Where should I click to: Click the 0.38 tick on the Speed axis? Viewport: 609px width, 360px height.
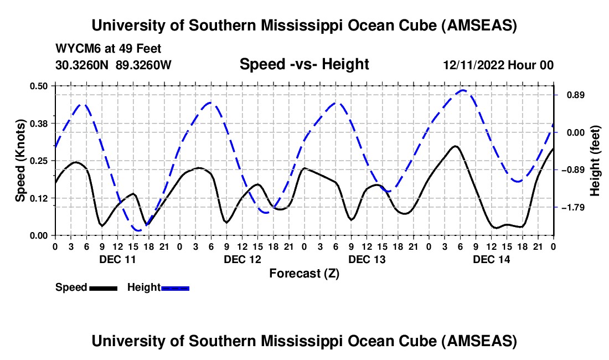[40, 123]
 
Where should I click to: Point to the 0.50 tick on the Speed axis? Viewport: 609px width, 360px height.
[40, 86]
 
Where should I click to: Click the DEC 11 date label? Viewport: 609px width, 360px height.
[117, 259]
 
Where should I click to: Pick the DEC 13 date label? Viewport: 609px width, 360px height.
[367, 259]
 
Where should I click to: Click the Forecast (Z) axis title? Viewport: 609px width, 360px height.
[304, 273]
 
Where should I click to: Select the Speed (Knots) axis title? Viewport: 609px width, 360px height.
[20, 161]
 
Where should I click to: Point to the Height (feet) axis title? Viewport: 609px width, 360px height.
[595, 161]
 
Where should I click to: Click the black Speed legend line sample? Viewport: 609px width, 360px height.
[103, 288]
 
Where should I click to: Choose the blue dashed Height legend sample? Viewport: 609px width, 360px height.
[176, 288]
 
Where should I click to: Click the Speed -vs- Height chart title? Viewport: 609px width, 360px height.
[304, 64]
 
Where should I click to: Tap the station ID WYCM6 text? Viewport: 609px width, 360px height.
[75, 49]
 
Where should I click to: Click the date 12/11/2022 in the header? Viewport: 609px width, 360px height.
[473, 65]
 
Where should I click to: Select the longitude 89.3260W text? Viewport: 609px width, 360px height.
[144, 65]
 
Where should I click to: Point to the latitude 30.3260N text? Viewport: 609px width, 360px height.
[83, 65]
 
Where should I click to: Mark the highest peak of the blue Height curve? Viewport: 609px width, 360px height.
[463, 90]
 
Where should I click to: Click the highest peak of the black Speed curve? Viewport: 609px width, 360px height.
[455, 146]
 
